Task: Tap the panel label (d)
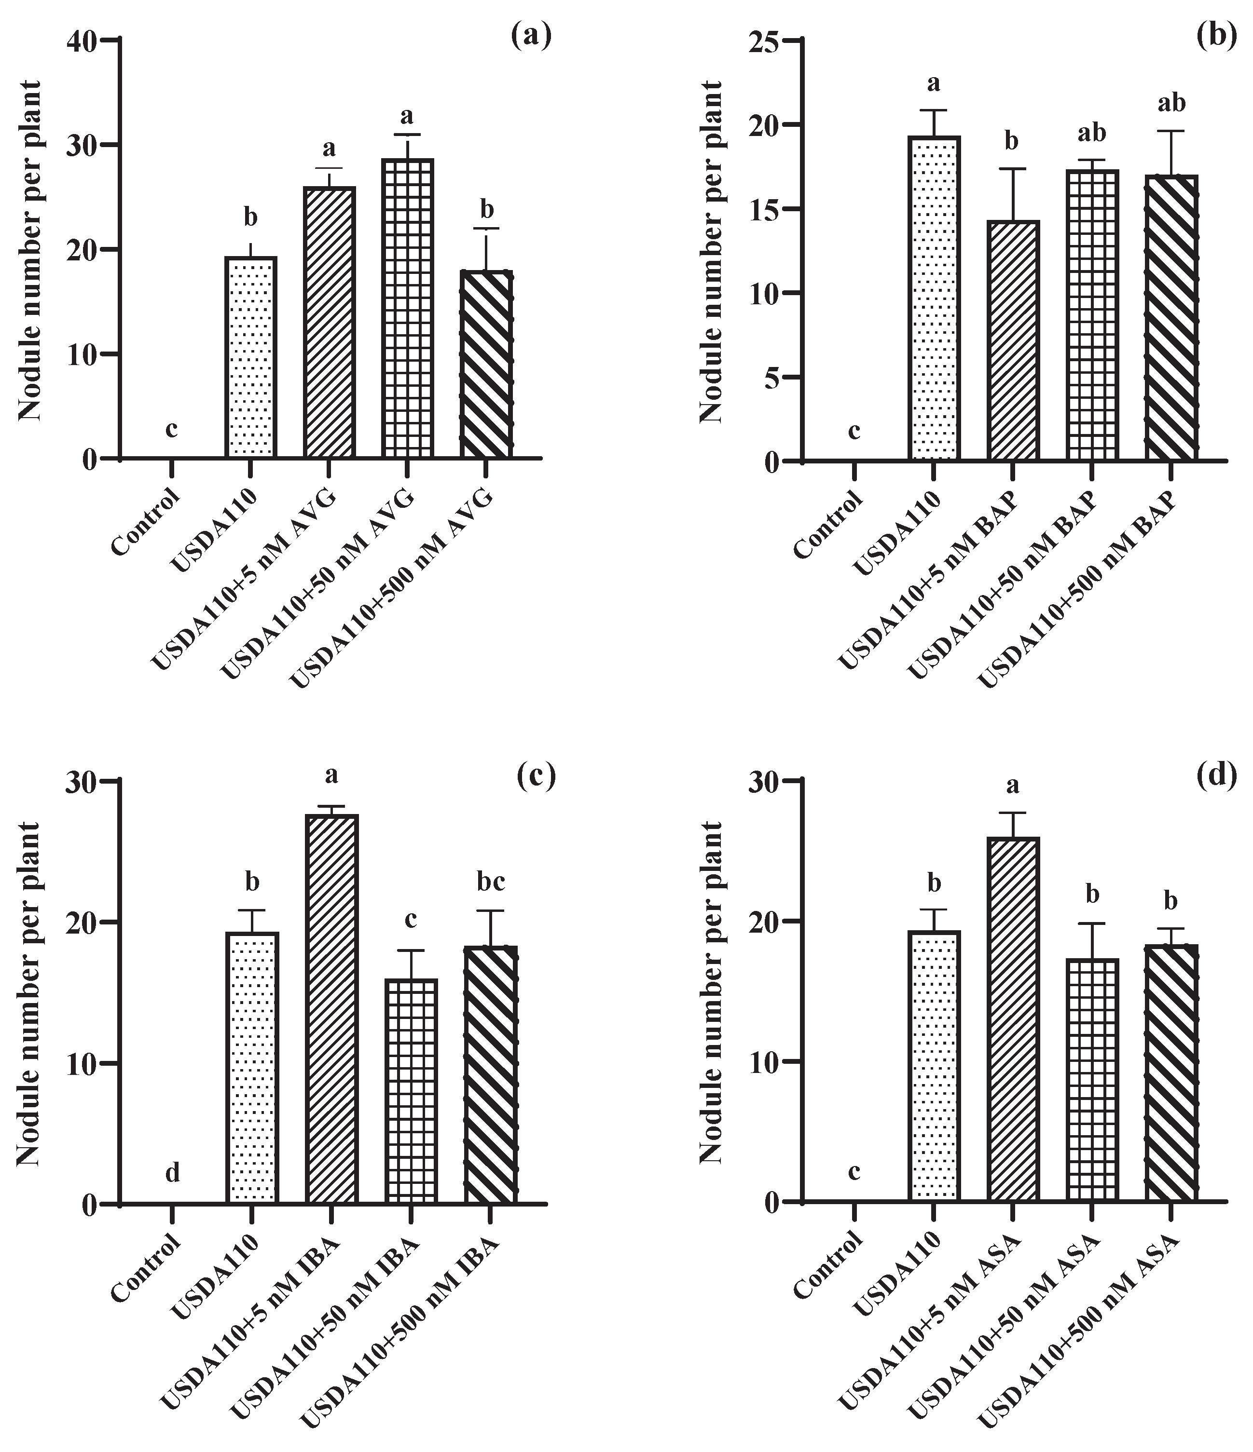point(1216,776)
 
